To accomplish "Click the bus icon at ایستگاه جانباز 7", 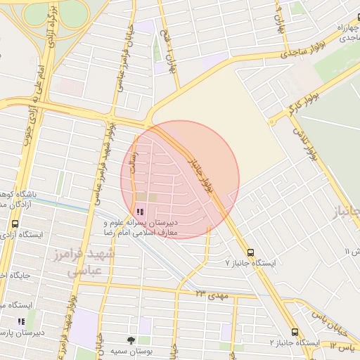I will [x=251, y=252].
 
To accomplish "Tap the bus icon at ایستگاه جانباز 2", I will [x=294, y=333].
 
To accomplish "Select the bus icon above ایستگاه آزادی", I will [x=15, y=224].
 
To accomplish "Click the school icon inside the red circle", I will [x=140, y=211].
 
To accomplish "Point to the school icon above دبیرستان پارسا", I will [x=20, y=321].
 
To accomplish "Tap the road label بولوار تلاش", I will [x=306, y=145].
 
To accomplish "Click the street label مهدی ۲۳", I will [x=213, y=295].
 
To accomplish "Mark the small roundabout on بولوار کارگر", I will [x=274, y=120].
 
